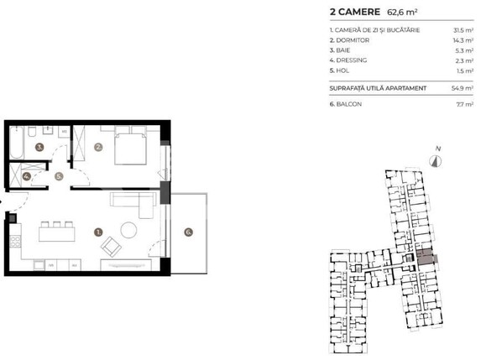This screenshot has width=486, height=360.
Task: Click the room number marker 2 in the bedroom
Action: point(98,148)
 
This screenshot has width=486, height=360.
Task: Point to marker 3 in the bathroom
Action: point(39,148)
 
